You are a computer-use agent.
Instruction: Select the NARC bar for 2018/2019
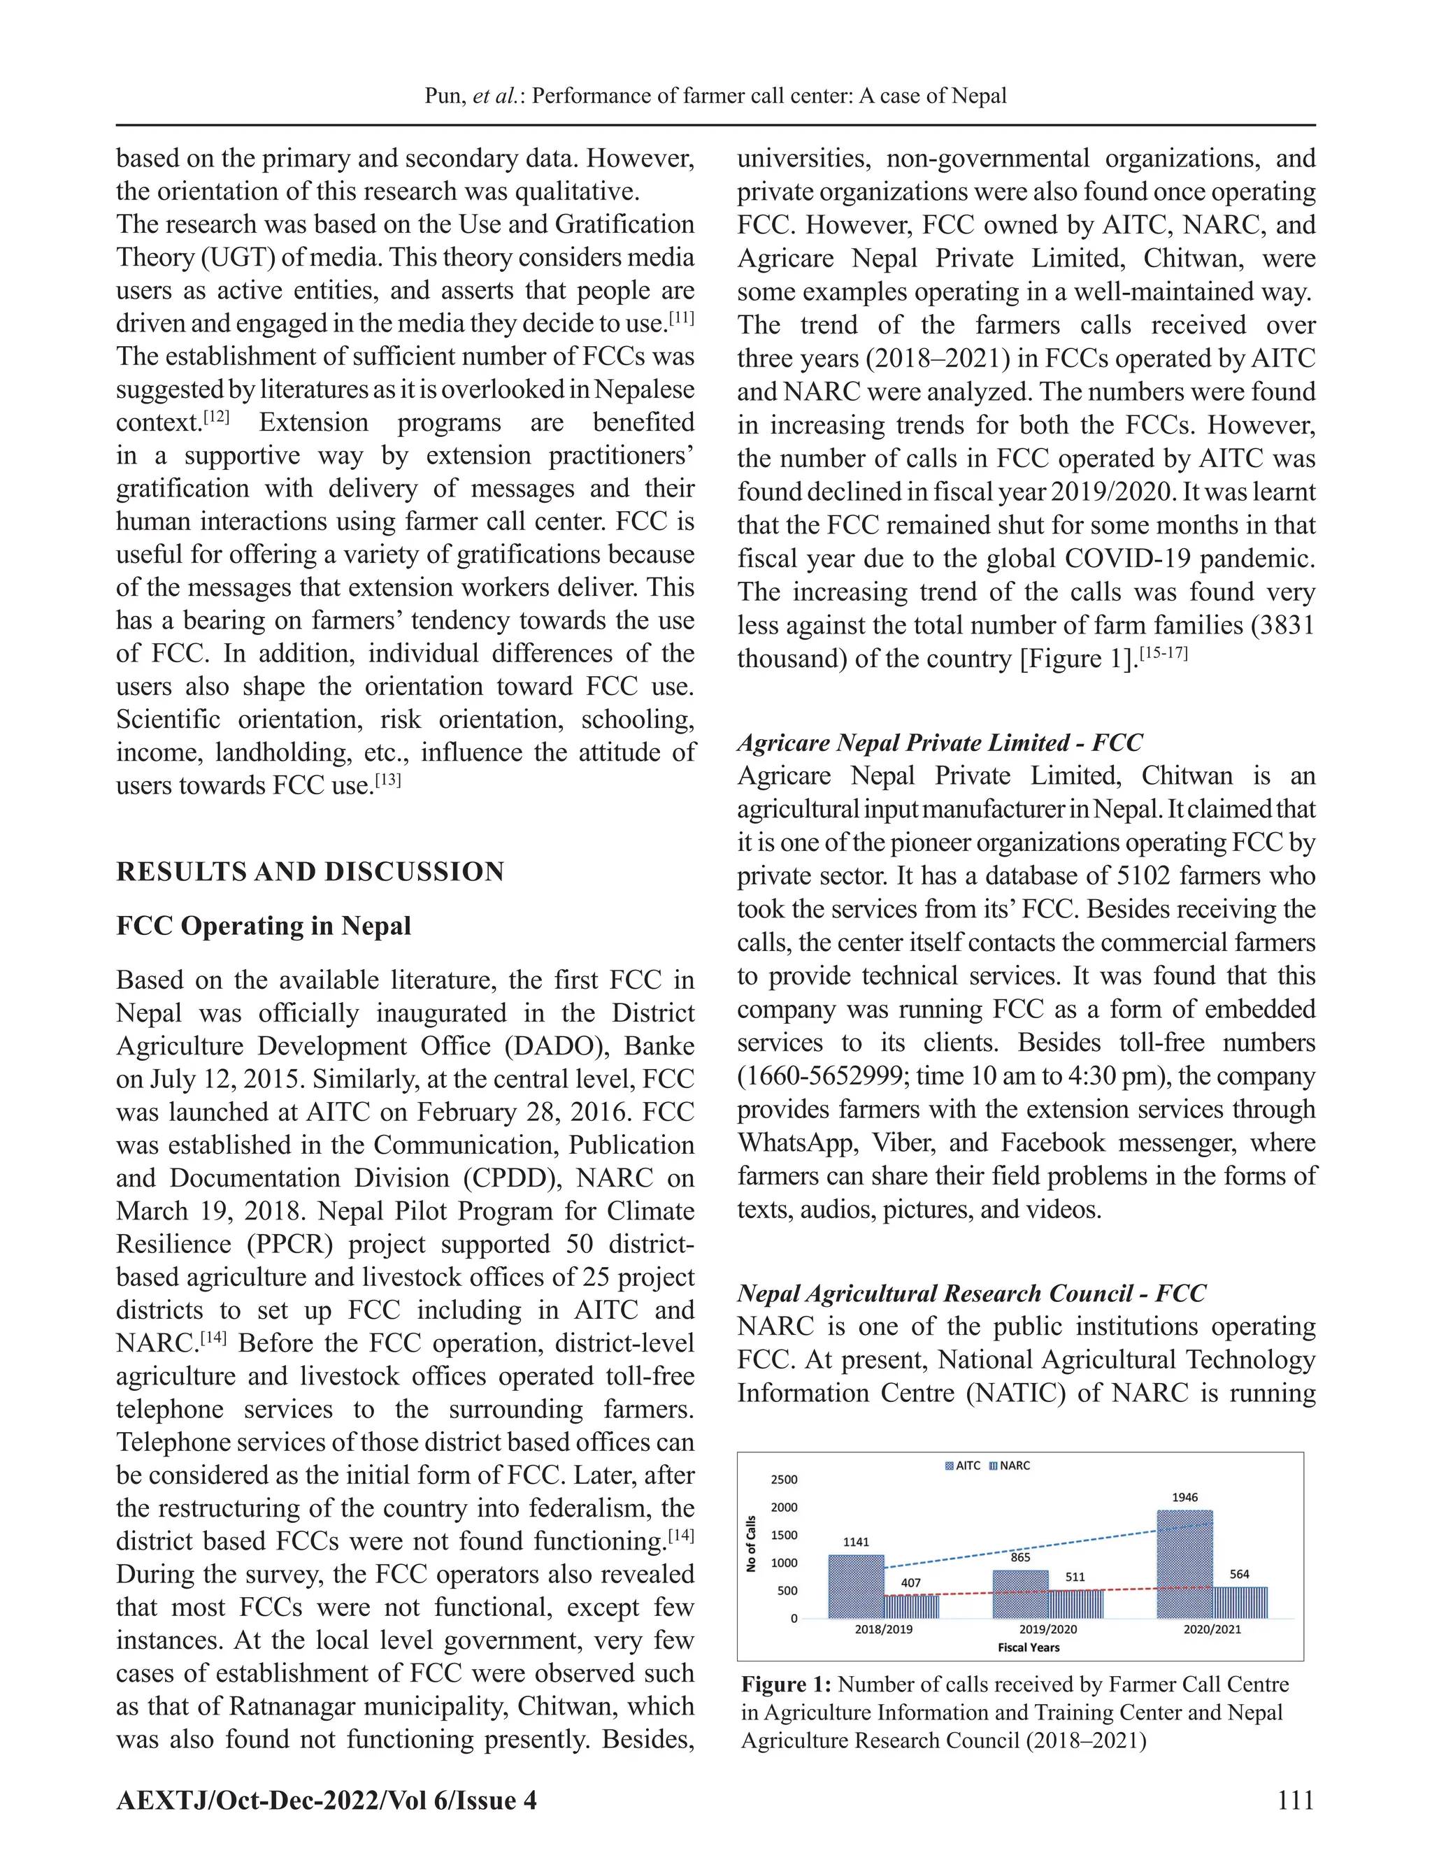[x=911, y=1606]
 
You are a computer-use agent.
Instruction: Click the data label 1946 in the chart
[x=1184, y=1498]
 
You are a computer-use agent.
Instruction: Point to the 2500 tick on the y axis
[x=784, y=1480]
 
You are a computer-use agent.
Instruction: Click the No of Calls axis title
[x=751, y=1543]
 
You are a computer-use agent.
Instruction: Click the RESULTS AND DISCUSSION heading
[x=310, y=871]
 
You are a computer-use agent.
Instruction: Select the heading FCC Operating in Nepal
[x=263, y=925]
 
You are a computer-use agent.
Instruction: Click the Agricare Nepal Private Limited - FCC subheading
[x=939, y=743]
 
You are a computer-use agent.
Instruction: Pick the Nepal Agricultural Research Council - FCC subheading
[x=971, y=1293]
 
